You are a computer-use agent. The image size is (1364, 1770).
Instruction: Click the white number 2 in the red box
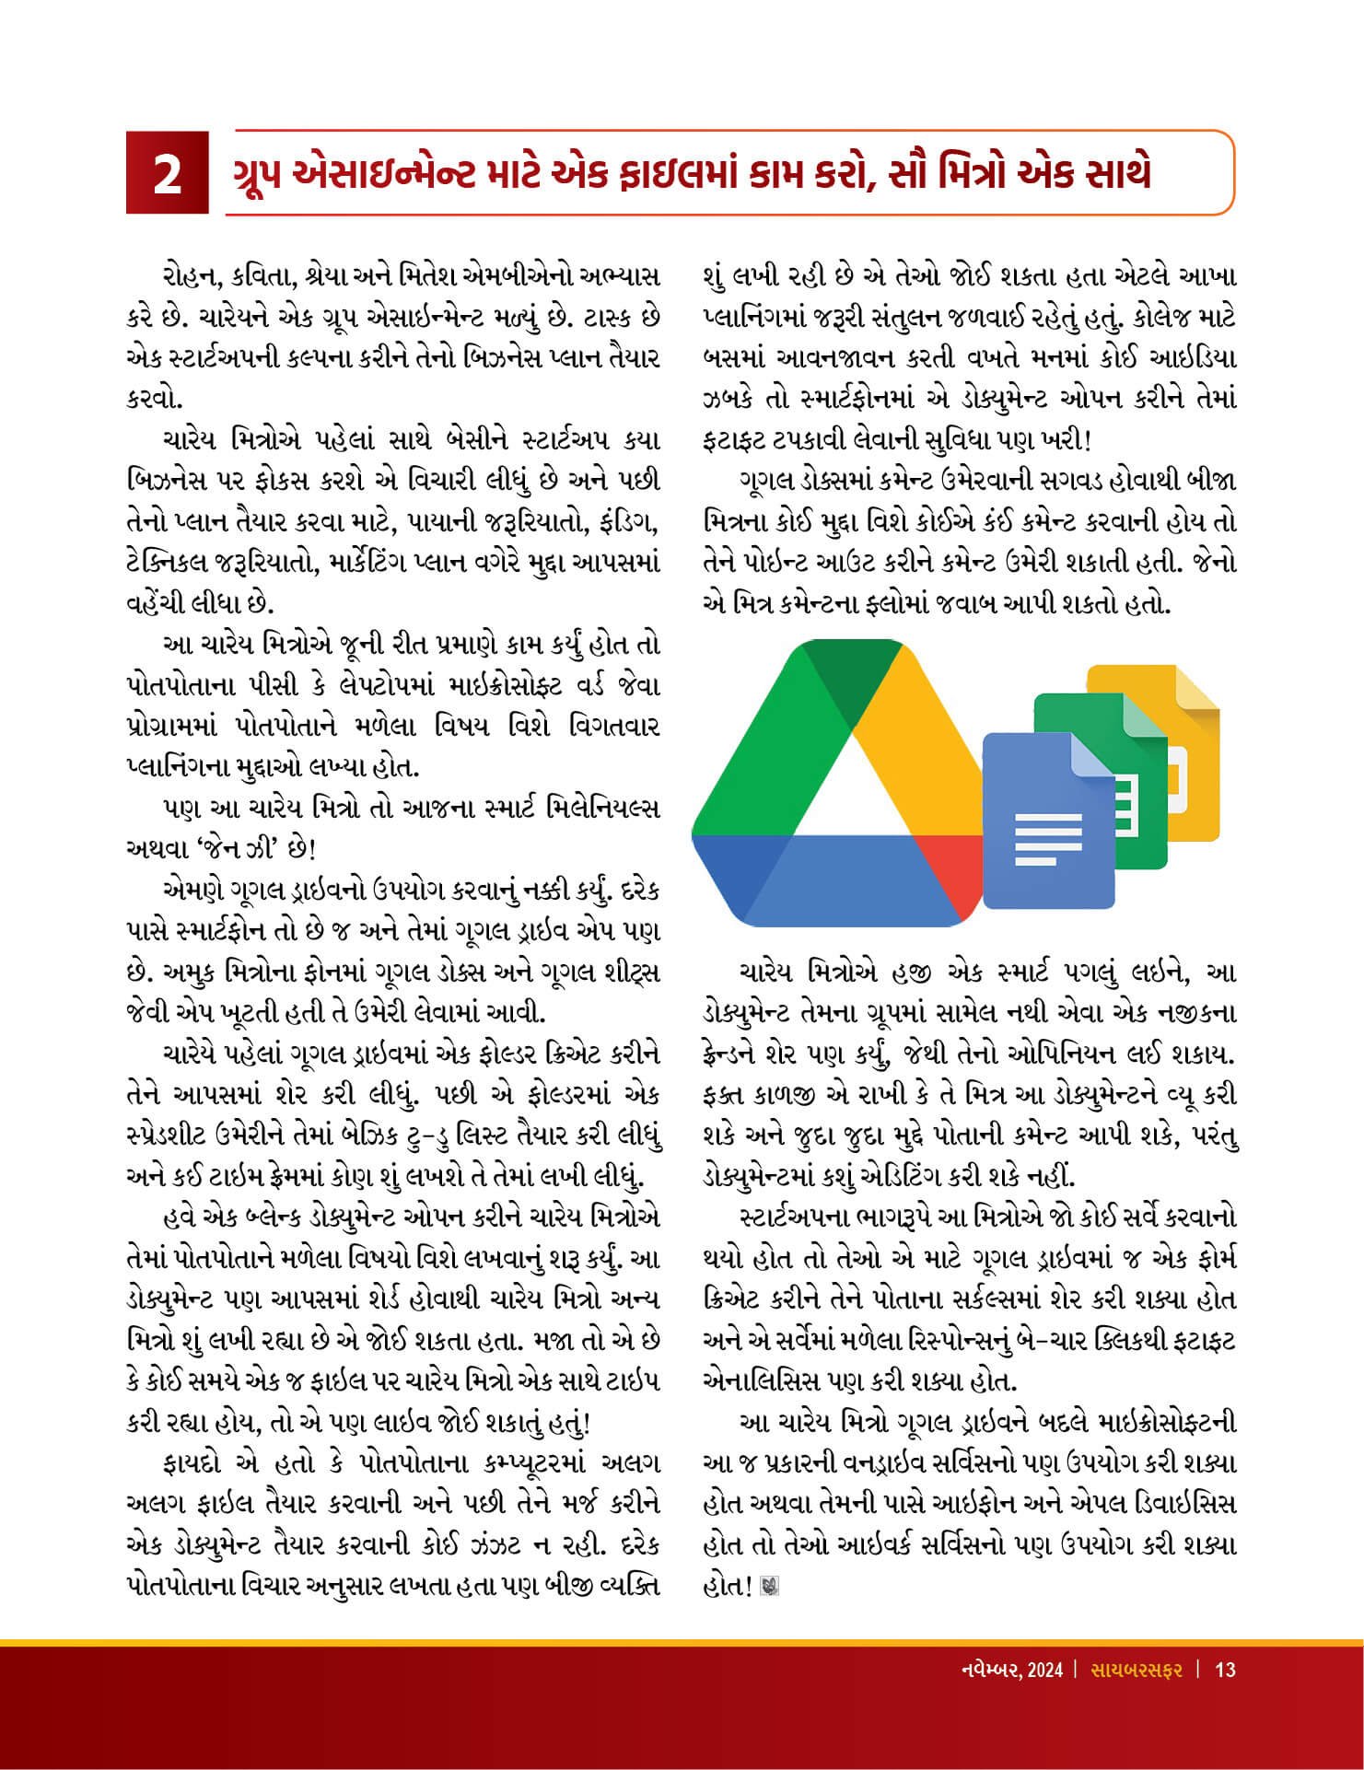(167, 174)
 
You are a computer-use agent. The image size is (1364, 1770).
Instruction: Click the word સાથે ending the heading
(1110, 174)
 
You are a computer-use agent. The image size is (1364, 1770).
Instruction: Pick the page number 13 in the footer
(1225, 1670)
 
